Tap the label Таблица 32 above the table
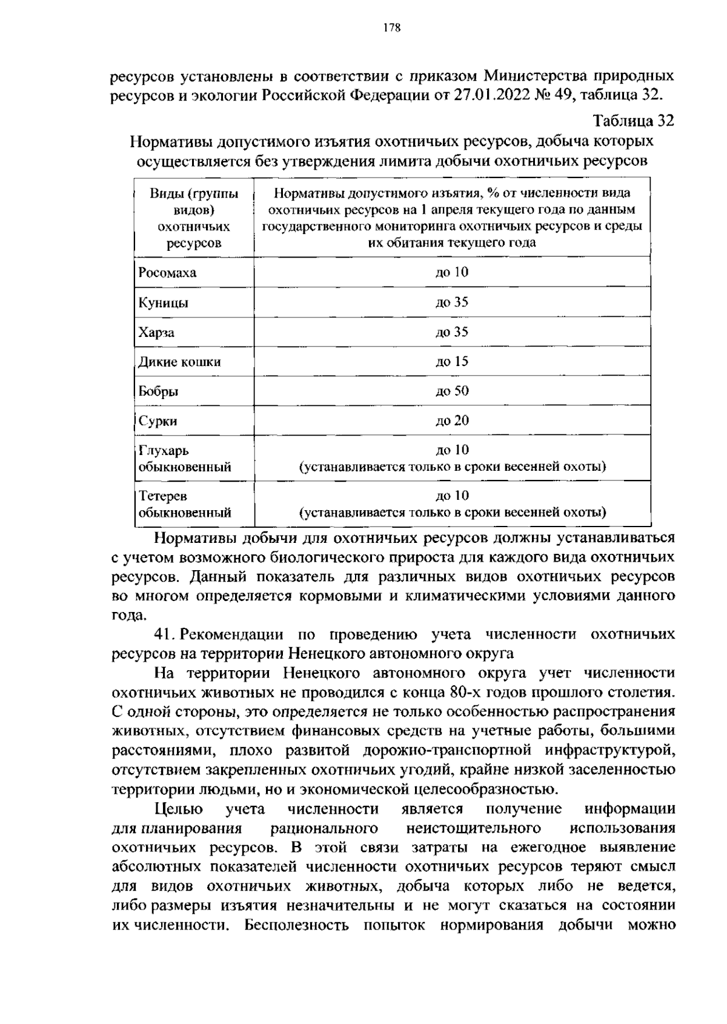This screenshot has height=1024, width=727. click(x=633, y=121)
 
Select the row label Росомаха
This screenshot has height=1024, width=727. click(x=167, y=273)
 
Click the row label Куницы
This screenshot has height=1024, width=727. click(x=163, y=302)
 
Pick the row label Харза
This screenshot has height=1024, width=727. click(x=156, y=332)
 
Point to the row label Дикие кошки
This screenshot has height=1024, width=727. click(x=179, y=362)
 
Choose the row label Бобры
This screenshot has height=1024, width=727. click(x=158, y=391)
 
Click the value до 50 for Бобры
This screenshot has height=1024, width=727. click(x=452, y=391)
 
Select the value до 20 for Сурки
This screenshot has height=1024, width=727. click(x=452, y=421)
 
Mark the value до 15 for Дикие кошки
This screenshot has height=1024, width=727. click(x=452, y=362)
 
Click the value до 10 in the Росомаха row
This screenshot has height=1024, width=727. click(x=452, y=272)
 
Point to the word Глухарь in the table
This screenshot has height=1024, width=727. click(x=164, y=451)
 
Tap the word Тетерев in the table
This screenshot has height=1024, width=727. click(x=163, y=496)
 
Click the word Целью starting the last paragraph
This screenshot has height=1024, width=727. click(x=179, y=809)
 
